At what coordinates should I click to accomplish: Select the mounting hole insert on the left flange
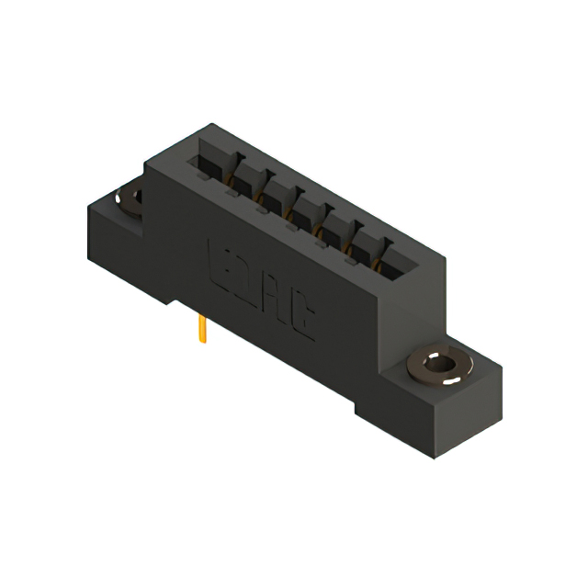pos(129,199)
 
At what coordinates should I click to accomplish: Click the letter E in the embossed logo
pos(221,262)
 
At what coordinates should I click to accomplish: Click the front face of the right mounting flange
pos(386,409)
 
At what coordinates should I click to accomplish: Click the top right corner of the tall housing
pos(446,259)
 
